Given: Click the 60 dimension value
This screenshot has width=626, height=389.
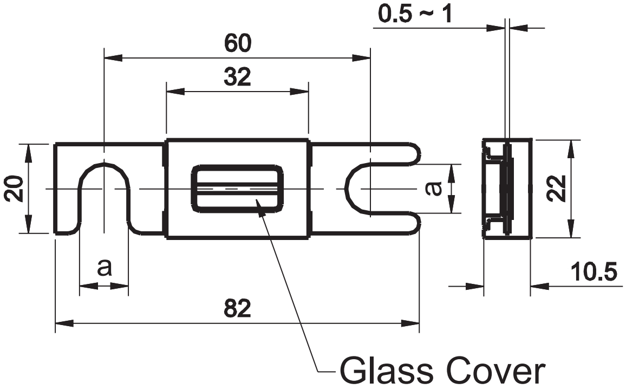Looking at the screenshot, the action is tap(238, 43).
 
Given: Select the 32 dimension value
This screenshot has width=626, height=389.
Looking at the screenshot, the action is tap(237, 77).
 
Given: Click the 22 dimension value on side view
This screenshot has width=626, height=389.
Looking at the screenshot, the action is tap(557, 189).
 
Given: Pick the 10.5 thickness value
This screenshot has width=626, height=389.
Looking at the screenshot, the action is tap(594, 272).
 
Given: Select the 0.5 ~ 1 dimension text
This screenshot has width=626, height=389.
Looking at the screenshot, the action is tap(415, 15).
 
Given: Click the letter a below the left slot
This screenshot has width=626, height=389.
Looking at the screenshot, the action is tap(104, 268).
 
